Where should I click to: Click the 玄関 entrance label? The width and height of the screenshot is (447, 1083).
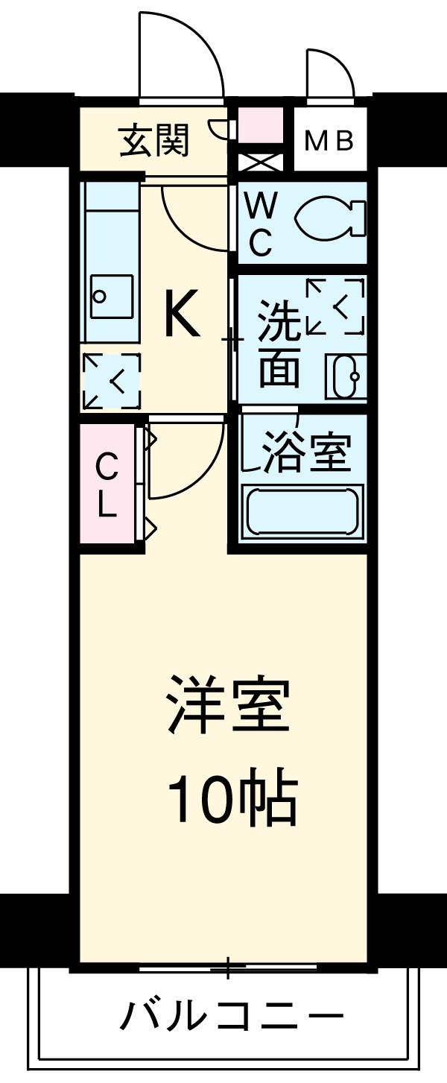point(155,139)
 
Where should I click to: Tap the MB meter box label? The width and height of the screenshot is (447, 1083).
point(330,141)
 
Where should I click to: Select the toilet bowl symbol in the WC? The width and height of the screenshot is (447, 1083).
point(331,219)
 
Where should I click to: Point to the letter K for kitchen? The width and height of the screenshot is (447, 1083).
point(182,314)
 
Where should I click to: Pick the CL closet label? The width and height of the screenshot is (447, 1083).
point(107,487)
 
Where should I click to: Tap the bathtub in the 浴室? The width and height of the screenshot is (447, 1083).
point(302,511)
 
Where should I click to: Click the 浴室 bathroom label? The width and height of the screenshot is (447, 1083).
point(305,452)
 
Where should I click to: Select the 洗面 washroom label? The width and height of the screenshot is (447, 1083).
point(279,344)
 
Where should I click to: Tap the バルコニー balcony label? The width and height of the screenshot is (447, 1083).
point(232,1015)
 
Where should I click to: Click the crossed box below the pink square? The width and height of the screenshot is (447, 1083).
point(260,162)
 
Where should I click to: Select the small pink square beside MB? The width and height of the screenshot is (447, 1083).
point(260,124)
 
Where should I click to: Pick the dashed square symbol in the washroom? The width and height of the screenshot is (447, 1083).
point(335,306)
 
